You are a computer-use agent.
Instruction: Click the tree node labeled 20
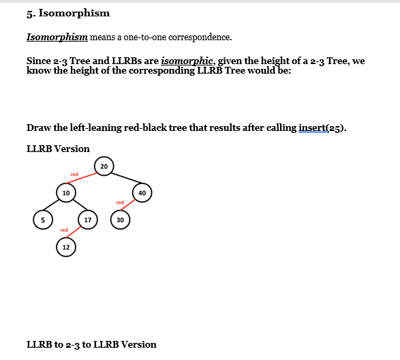pyautogui.click(x=104, y=166)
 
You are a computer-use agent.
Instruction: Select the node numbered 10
pyautogui.click(x=65, y=193)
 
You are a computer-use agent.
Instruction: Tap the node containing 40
pyautogui.click(x=142, y=193)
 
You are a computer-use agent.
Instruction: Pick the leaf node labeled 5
pyautogui.click(x=43, y=220)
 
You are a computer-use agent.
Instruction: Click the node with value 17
pyautogui.click(x=88, y=220)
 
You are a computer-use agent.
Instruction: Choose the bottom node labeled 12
pyautogui.click(x=65, y=247)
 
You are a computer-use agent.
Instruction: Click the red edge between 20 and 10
pyautogui.click(x=84, y=179)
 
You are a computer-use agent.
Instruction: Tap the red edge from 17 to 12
pyautogui.click(x=76, y=233)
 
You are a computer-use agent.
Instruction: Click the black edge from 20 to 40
pyautogui.click(x=123, y=179)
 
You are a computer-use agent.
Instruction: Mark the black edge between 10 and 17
pyautogui.click(x=77, y=207)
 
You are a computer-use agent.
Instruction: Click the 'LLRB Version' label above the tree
pyautogui.click(x=58, y=148)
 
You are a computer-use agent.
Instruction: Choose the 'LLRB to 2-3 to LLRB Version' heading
pyautogui.click(x=91, y=344)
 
